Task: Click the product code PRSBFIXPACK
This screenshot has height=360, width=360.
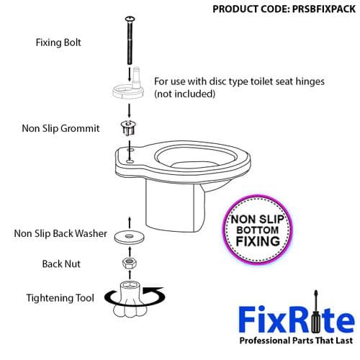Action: click(x=285, y=10)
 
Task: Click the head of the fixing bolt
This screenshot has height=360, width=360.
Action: click(x=130, y=17)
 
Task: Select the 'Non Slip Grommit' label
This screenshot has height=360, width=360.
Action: click(x=62, y=130)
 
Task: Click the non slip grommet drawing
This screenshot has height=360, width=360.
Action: click(x=130, y=130)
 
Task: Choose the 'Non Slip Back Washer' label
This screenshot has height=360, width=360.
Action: click(x=60, y=233)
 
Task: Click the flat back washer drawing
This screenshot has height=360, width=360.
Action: click(x=130, y=235)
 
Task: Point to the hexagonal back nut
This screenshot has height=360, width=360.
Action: click(x=130, y=263)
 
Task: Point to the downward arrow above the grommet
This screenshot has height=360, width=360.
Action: click(x=130, y=110)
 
